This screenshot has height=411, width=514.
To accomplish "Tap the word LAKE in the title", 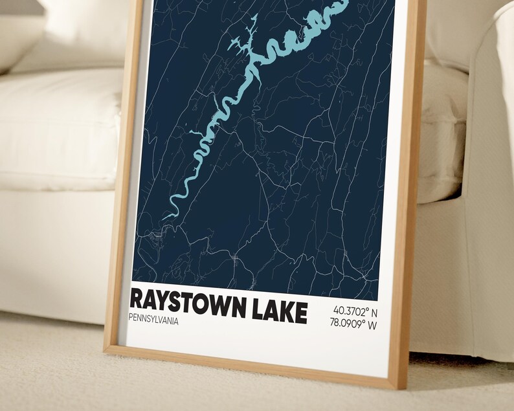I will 277,309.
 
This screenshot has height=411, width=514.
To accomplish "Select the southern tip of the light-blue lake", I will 164,217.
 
